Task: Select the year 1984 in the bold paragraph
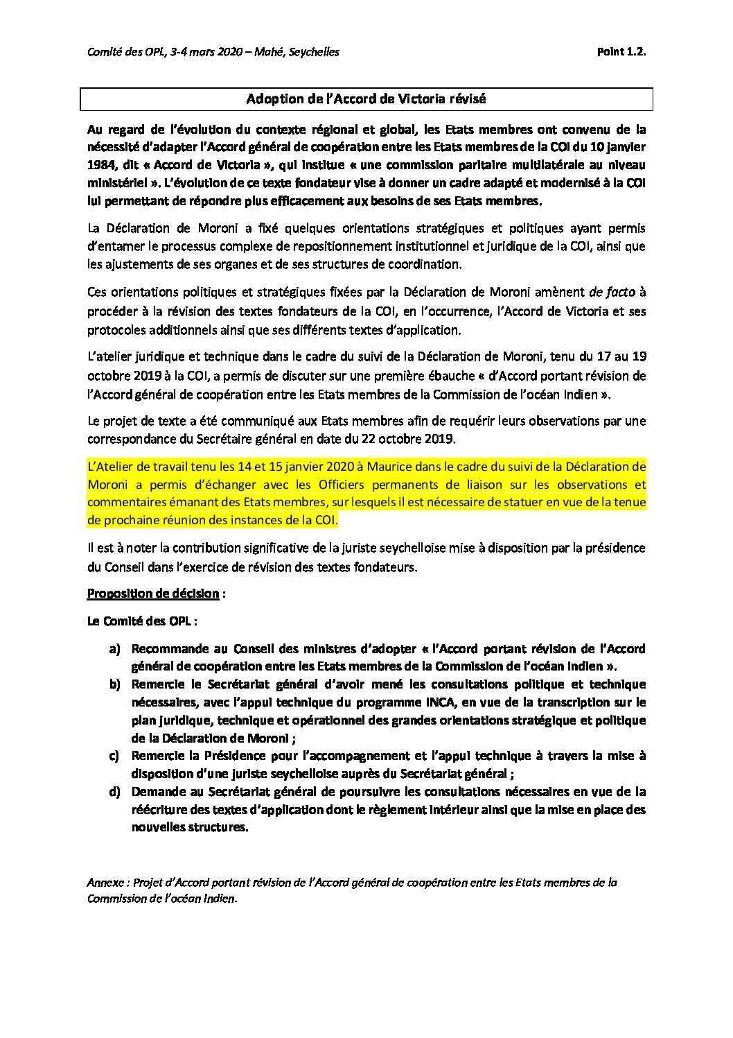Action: coord(101,165)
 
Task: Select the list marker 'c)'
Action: coord(114,756)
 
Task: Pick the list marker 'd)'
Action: coord(115,792)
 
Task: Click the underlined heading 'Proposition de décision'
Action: coord(153,594)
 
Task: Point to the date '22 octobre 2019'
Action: coord(412,439)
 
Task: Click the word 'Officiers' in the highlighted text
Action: coord(344,484)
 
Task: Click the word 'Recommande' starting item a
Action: coord(170,649)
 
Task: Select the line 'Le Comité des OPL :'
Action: coord(136,621)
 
